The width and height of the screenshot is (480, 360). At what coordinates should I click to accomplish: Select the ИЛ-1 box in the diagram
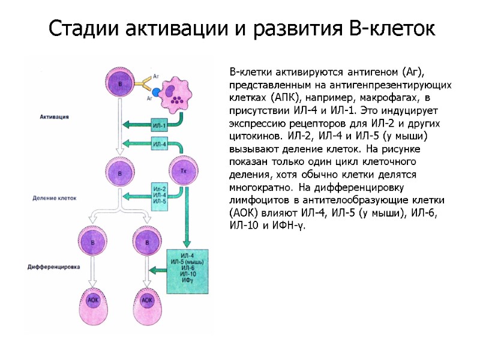pyautogui.click(x=160, y=125)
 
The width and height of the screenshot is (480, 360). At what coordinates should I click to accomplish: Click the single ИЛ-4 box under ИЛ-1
pyautogui.click(x=160, y=144)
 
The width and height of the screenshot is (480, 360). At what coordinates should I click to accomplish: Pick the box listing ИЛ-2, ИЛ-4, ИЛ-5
pyautogui.click(x=160, y=195)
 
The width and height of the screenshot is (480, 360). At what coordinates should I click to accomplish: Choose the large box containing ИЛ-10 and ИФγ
pyautogui.click(x=187, y=270)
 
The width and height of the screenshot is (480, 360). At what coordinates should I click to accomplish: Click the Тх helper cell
pyautogui.click(x=184, y=172)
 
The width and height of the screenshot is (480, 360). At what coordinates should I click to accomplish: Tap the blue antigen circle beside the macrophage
pyautogui.click(x=157, y=93)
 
